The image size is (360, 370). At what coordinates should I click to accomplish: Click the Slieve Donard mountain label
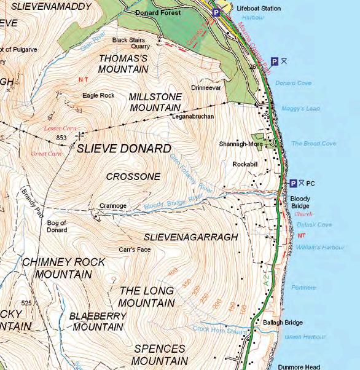(x=123, y=149)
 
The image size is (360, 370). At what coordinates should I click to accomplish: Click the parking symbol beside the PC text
(x=294, y=183)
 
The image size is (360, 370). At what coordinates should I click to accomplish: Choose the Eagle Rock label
(x=98, y=96)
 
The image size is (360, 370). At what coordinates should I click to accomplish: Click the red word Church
(x=303, y=215)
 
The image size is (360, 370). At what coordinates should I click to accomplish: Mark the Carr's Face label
(x=135, y=250)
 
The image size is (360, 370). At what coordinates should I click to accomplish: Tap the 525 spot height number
(x=26, y=304)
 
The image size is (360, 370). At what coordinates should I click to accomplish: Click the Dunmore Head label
(x=299, y=366)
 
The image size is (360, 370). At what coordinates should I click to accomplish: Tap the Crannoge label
(x=112, y=206)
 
